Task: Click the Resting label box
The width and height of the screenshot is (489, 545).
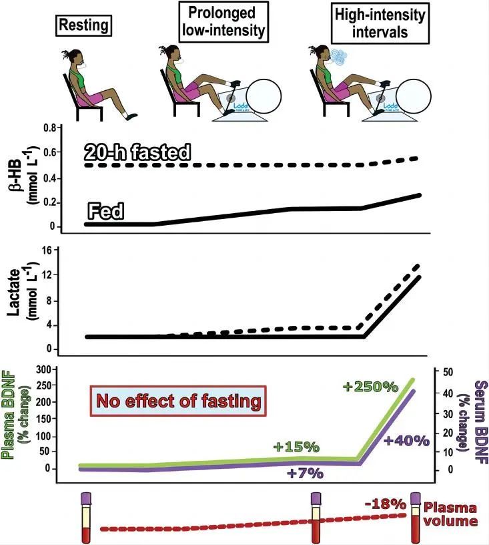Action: tap(83, 26)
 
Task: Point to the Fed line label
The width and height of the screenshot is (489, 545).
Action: tap(107, 212)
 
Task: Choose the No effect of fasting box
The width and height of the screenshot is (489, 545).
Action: tap(179, 402)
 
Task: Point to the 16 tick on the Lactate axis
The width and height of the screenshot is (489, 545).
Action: tap(47, 250)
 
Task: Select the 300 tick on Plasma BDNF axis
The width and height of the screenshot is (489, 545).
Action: tap(42, 369)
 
